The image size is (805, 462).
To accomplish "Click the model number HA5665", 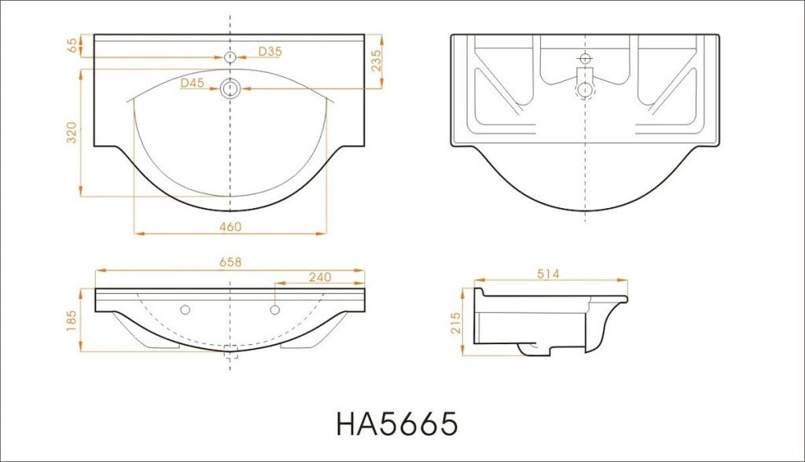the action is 396,424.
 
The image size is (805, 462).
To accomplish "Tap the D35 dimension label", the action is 270,51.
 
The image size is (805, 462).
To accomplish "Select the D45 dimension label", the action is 192,82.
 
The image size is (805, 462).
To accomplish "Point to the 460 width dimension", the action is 230,226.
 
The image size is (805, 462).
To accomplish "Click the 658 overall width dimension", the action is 230,262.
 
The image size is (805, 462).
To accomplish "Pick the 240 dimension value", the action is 320,277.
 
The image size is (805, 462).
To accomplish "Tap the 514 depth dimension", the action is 548,274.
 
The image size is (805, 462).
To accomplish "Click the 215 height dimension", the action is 456,323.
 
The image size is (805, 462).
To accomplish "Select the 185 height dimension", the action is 72,321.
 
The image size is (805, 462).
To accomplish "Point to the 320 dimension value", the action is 72,133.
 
